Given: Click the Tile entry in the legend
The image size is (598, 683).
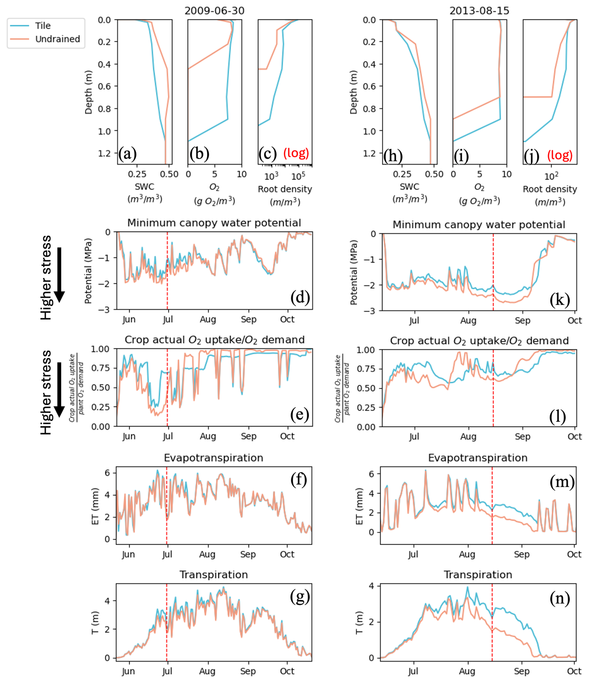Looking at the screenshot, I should point(43,26).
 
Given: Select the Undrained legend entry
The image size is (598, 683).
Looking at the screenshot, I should point(58,39).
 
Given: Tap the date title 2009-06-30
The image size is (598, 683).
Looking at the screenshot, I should point(214,11).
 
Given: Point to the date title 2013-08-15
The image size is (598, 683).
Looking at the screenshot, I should point(479,11).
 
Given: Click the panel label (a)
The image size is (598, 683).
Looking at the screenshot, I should point(127,154).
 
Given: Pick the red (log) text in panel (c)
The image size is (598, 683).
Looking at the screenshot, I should point(296,153).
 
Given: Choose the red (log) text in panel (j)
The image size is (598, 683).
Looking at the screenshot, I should point(560,155).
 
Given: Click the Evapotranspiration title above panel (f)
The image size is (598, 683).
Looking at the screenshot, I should point(214,458).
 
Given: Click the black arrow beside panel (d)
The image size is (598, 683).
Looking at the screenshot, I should point(59,275).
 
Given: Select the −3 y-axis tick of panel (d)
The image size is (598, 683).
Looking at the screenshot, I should point(104,310).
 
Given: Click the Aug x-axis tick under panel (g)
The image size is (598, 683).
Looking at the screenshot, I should point(207,671).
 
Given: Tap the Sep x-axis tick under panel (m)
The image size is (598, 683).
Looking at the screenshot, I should point(522,554).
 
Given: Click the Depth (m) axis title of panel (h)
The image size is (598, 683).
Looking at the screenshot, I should point(353,92).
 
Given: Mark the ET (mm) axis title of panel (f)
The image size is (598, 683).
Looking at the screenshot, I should point(95,506).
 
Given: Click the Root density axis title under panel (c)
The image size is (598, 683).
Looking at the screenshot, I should point(285,190).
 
